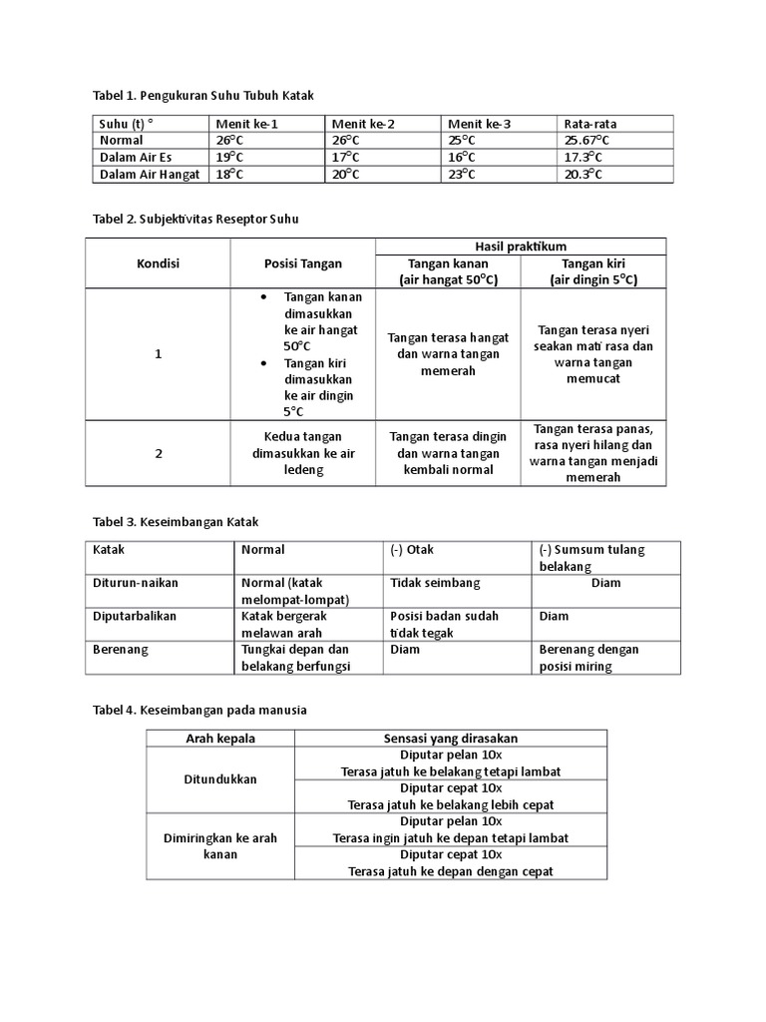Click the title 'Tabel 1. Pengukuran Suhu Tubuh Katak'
coord(203,95)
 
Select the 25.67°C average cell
coord(590,141)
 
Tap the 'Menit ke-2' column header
coord(363,124)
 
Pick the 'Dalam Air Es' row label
coord(136,158)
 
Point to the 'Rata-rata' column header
coord(590,124)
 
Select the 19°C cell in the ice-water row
coord(230,158)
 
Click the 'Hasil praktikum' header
coord(520,247)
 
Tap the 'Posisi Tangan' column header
coord(303,263)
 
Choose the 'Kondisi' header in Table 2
coord(158,263)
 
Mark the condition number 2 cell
coord(158,453)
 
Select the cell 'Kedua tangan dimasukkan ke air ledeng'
coord(303,453)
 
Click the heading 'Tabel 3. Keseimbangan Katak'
coord(176,521)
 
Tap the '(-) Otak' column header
coord(413,549)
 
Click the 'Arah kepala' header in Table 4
coord(220,738)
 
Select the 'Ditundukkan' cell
coord(220,779)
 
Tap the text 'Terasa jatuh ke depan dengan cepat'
coord(451,871)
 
